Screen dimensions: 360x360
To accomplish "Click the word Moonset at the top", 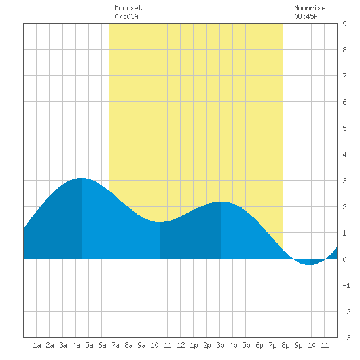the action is (x=128, y=8).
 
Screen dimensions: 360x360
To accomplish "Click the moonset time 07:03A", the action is (x=126, y=16).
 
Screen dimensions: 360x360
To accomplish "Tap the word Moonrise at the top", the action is (x=310, y=8).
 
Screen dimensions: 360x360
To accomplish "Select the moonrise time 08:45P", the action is (x=306, y=16).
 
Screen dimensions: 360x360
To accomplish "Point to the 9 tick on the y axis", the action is (x=344, y=24).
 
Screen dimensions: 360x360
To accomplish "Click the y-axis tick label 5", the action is (x=344, y=128).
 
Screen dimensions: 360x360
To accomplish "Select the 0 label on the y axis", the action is (x=344, y=259).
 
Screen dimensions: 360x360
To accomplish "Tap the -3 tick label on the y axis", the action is (x=346, y=338).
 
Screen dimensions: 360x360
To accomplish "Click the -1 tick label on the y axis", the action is (x=346, y=285).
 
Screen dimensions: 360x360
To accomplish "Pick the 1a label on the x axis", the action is (x=37, y=345).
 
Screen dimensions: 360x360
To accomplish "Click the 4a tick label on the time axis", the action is (x=76, y=345).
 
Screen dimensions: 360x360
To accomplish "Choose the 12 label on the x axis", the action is (x=181, y=345).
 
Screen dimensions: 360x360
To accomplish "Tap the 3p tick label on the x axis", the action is (x=220, y=345).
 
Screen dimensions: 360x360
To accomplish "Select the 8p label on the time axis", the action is (x=285, y=345).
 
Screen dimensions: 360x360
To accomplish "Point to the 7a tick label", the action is (x=115, y=345).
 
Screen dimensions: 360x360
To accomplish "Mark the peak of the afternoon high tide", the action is (x=221, y=202).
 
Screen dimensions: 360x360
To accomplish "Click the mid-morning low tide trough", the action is (x=160, y=222).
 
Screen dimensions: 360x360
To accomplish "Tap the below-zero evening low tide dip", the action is (x=309, y=264).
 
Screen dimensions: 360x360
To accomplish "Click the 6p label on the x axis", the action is (x=259, y=345).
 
